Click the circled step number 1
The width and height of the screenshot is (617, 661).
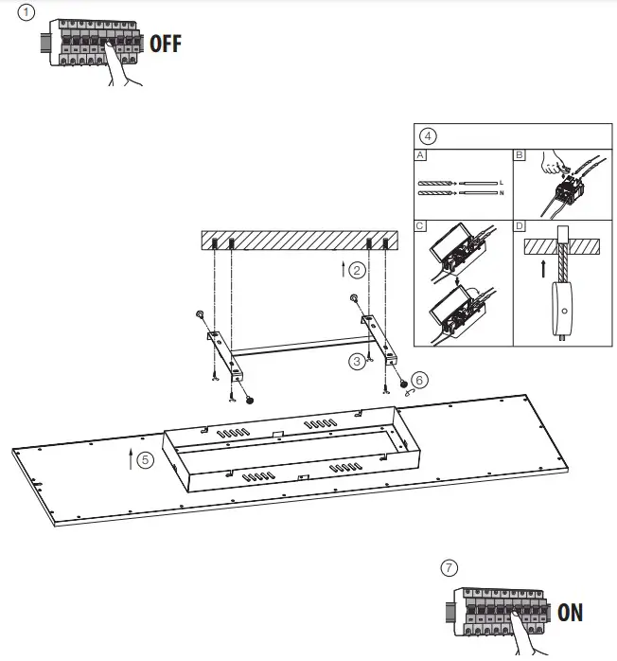(26, 13)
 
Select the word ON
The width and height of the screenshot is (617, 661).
(571, 613)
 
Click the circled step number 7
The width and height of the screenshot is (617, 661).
(450, 567)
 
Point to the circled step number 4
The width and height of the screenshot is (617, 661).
(429, 135)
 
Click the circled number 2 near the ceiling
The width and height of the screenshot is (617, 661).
(356, 270)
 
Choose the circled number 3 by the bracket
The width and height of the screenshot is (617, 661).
(356, 360)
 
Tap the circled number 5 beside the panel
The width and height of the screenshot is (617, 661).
(144, 460)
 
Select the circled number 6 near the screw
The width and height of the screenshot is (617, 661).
(420, 379)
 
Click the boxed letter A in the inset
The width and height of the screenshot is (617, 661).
(420, 154)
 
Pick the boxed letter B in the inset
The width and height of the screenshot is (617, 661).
(519, 154)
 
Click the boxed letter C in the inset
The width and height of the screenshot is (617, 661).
(420, 227)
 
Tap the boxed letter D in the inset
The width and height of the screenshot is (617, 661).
(519, 227)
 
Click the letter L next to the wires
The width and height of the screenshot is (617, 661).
(500, 181)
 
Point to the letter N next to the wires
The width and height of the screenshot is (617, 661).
(500, 192)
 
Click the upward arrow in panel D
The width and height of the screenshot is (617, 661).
(542, 268)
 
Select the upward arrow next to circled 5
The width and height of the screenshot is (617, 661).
(130, 460)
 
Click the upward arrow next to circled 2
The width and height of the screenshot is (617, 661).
(343, 269)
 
